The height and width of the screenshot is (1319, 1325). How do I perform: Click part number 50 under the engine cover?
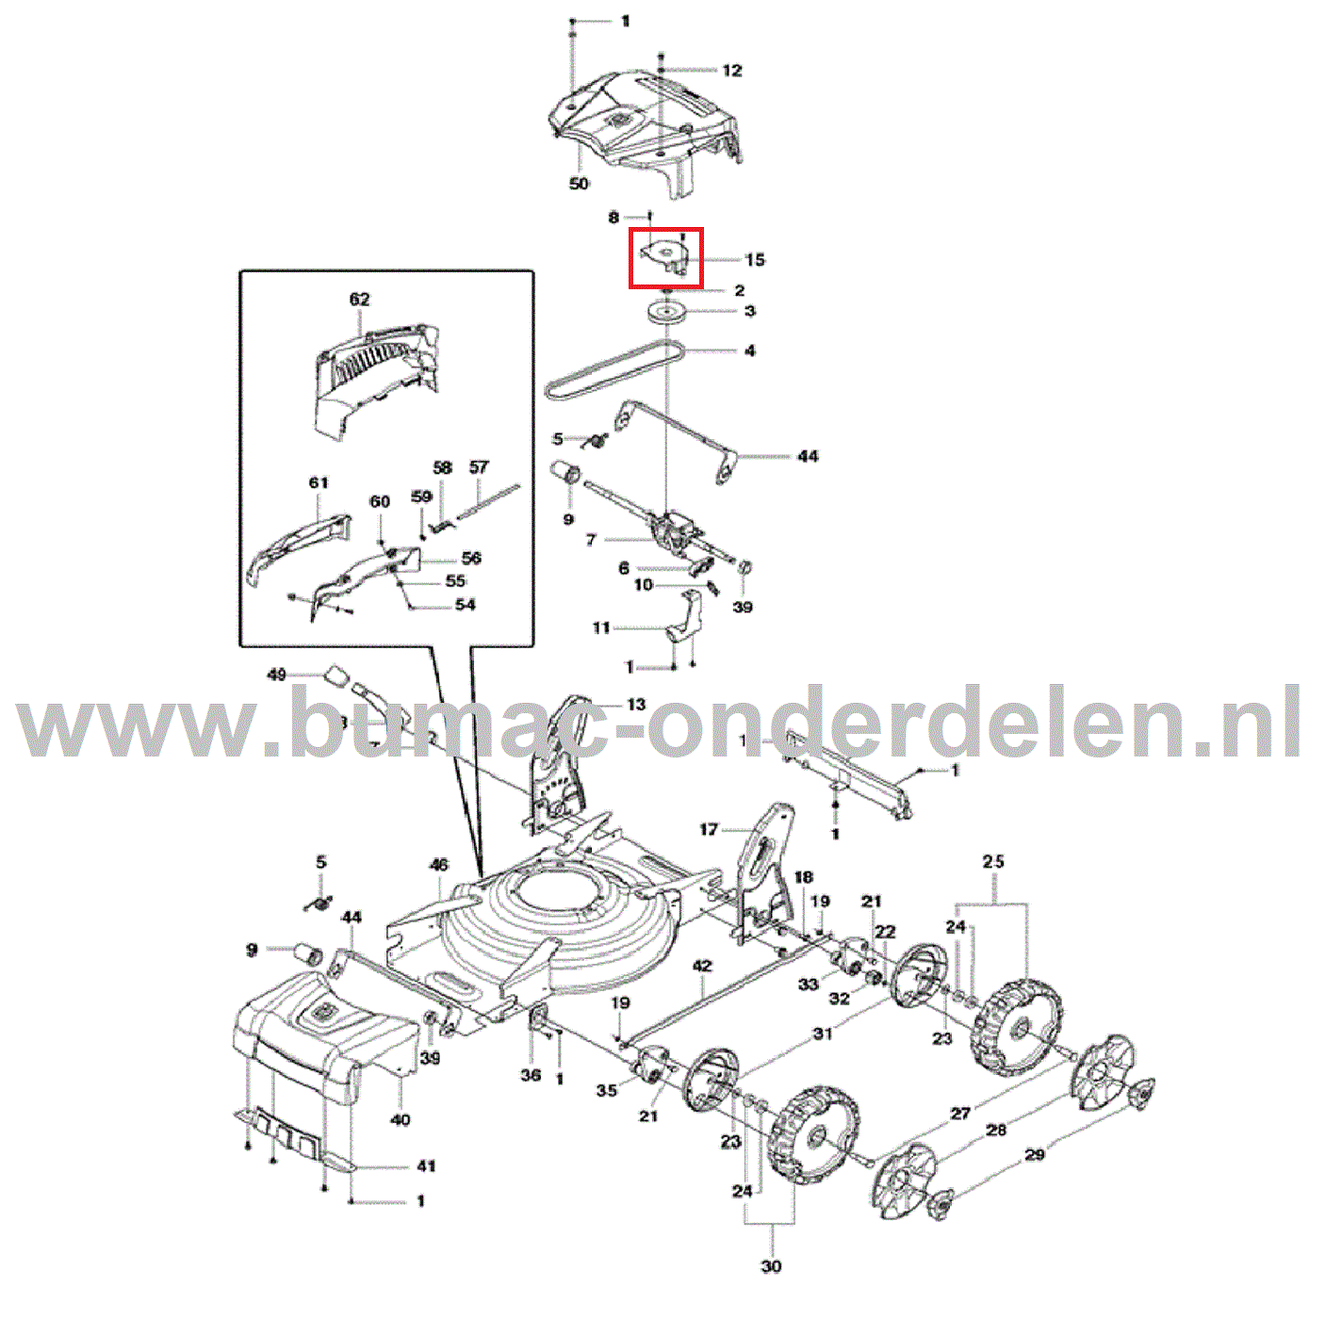[579, 184]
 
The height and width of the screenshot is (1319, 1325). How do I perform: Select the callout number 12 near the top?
[732, 71]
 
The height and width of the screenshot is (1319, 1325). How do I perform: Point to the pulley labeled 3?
[667, 313]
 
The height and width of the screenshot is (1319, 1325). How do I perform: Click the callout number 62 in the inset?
[359, 300]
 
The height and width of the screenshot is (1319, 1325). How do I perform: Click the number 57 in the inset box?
[479, 467]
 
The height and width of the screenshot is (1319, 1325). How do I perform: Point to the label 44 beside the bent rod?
[808, 457]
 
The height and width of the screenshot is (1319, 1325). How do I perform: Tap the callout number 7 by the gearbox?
[591, 540]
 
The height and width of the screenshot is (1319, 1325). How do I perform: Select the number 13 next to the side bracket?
[636, 705]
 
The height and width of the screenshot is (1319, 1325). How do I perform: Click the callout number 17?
[709, 830]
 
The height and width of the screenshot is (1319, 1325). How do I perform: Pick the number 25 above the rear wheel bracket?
[993, 861]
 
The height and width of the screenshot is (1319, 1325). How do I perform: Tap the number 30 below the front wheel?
[771, 1266]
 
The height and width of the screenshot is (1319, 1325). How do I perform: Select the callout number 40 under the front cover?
[401, 1119]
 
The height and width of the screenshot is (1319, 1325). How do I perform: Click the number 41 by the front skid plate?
[426, 1166]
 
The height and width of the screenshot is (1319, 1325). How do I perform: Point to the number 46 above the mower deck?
[439, 865]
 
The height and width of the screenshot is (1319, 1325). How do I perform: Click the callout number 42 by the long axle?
[702, 967]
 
